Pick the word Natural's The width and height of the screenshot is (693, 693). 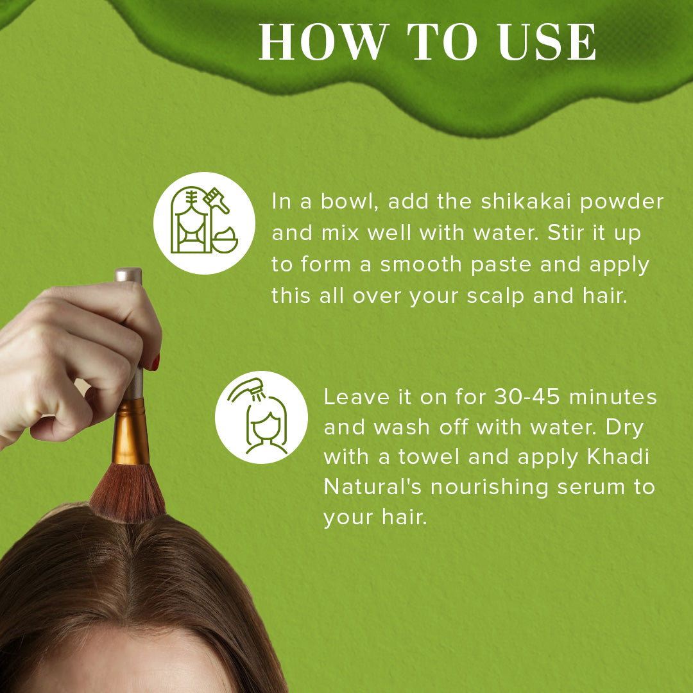click(x=373, y=487)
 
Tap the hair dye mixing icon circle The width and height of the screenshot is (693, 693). click(x=205, y=223)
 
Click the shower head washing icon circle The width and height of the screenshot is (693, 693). click(x=261, y=417)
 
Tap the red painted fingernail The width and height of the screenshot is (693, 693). click(x=155, y=363)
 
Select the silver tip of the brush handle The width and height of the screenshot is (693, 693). click(x=128, y=275)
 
